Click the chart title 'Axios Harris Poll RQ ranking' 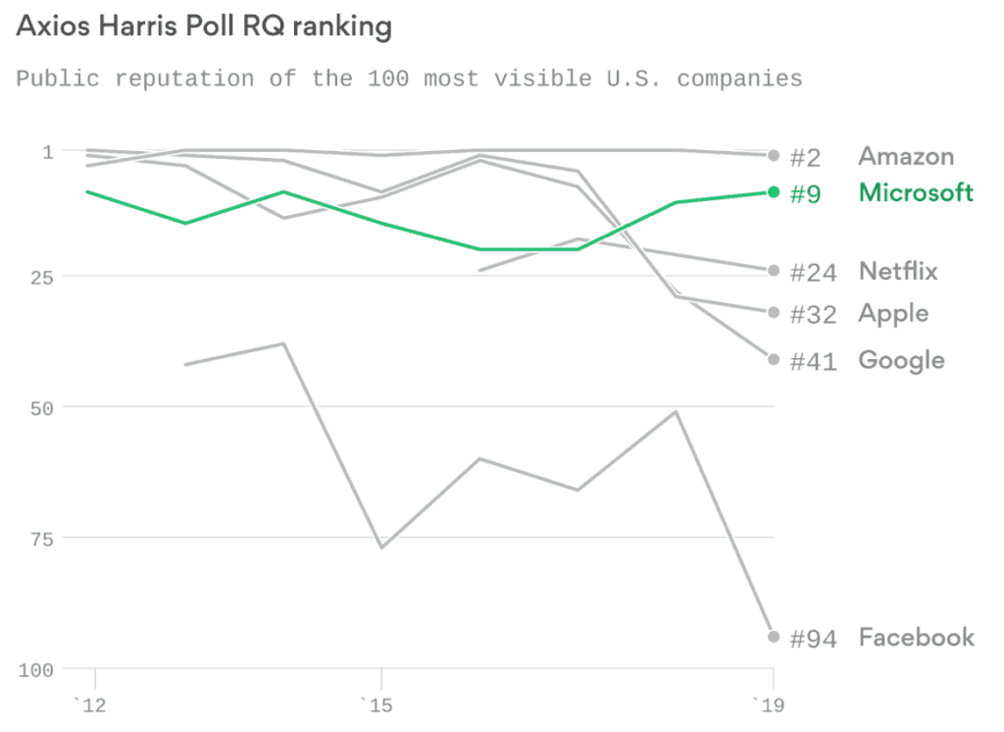click(204, 26)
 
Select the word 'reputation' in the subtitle click(184, 78)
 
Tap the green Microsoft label click(916, 192)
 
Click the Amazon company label click(906, 156)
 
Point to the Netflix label click(898, 271)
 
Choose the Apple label click(893, 313)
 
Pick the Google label click(901, 360)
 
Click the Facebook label click(916, 638)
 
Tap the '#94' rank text click(813, 639)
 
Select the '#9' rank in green click(805, 193)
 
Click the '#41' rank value click(813, 361)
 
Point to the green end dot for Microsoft click(774, 192)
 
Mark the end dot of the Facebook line click(774, 637)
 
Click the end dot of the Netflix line click(774, 271)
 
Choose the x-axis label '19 click(772, 705)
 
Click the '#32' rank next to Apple click(813, 314)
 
